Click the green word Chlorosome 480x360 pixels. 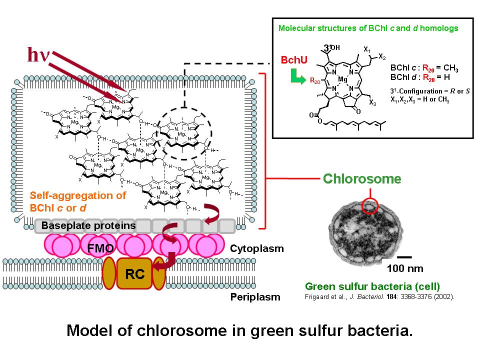click(x=362, y=178)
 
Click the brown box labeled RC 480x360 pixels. click(x=134, y=273)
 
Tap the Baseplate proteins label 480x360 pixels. click(x=88, y=225)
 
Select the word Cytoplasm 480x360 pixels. click(x=257, y=248)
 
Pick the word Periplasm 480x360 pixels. click(x=255, y=297)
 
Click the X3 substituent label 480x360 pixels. click(x=373, y=103)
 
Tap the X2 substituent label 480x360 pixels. click(x=382, y=56)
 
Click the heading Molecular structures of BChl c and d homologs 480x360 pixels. click(x=367, y=28)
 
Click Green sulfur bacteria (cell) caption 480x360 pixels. click(x=372, y=286)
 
